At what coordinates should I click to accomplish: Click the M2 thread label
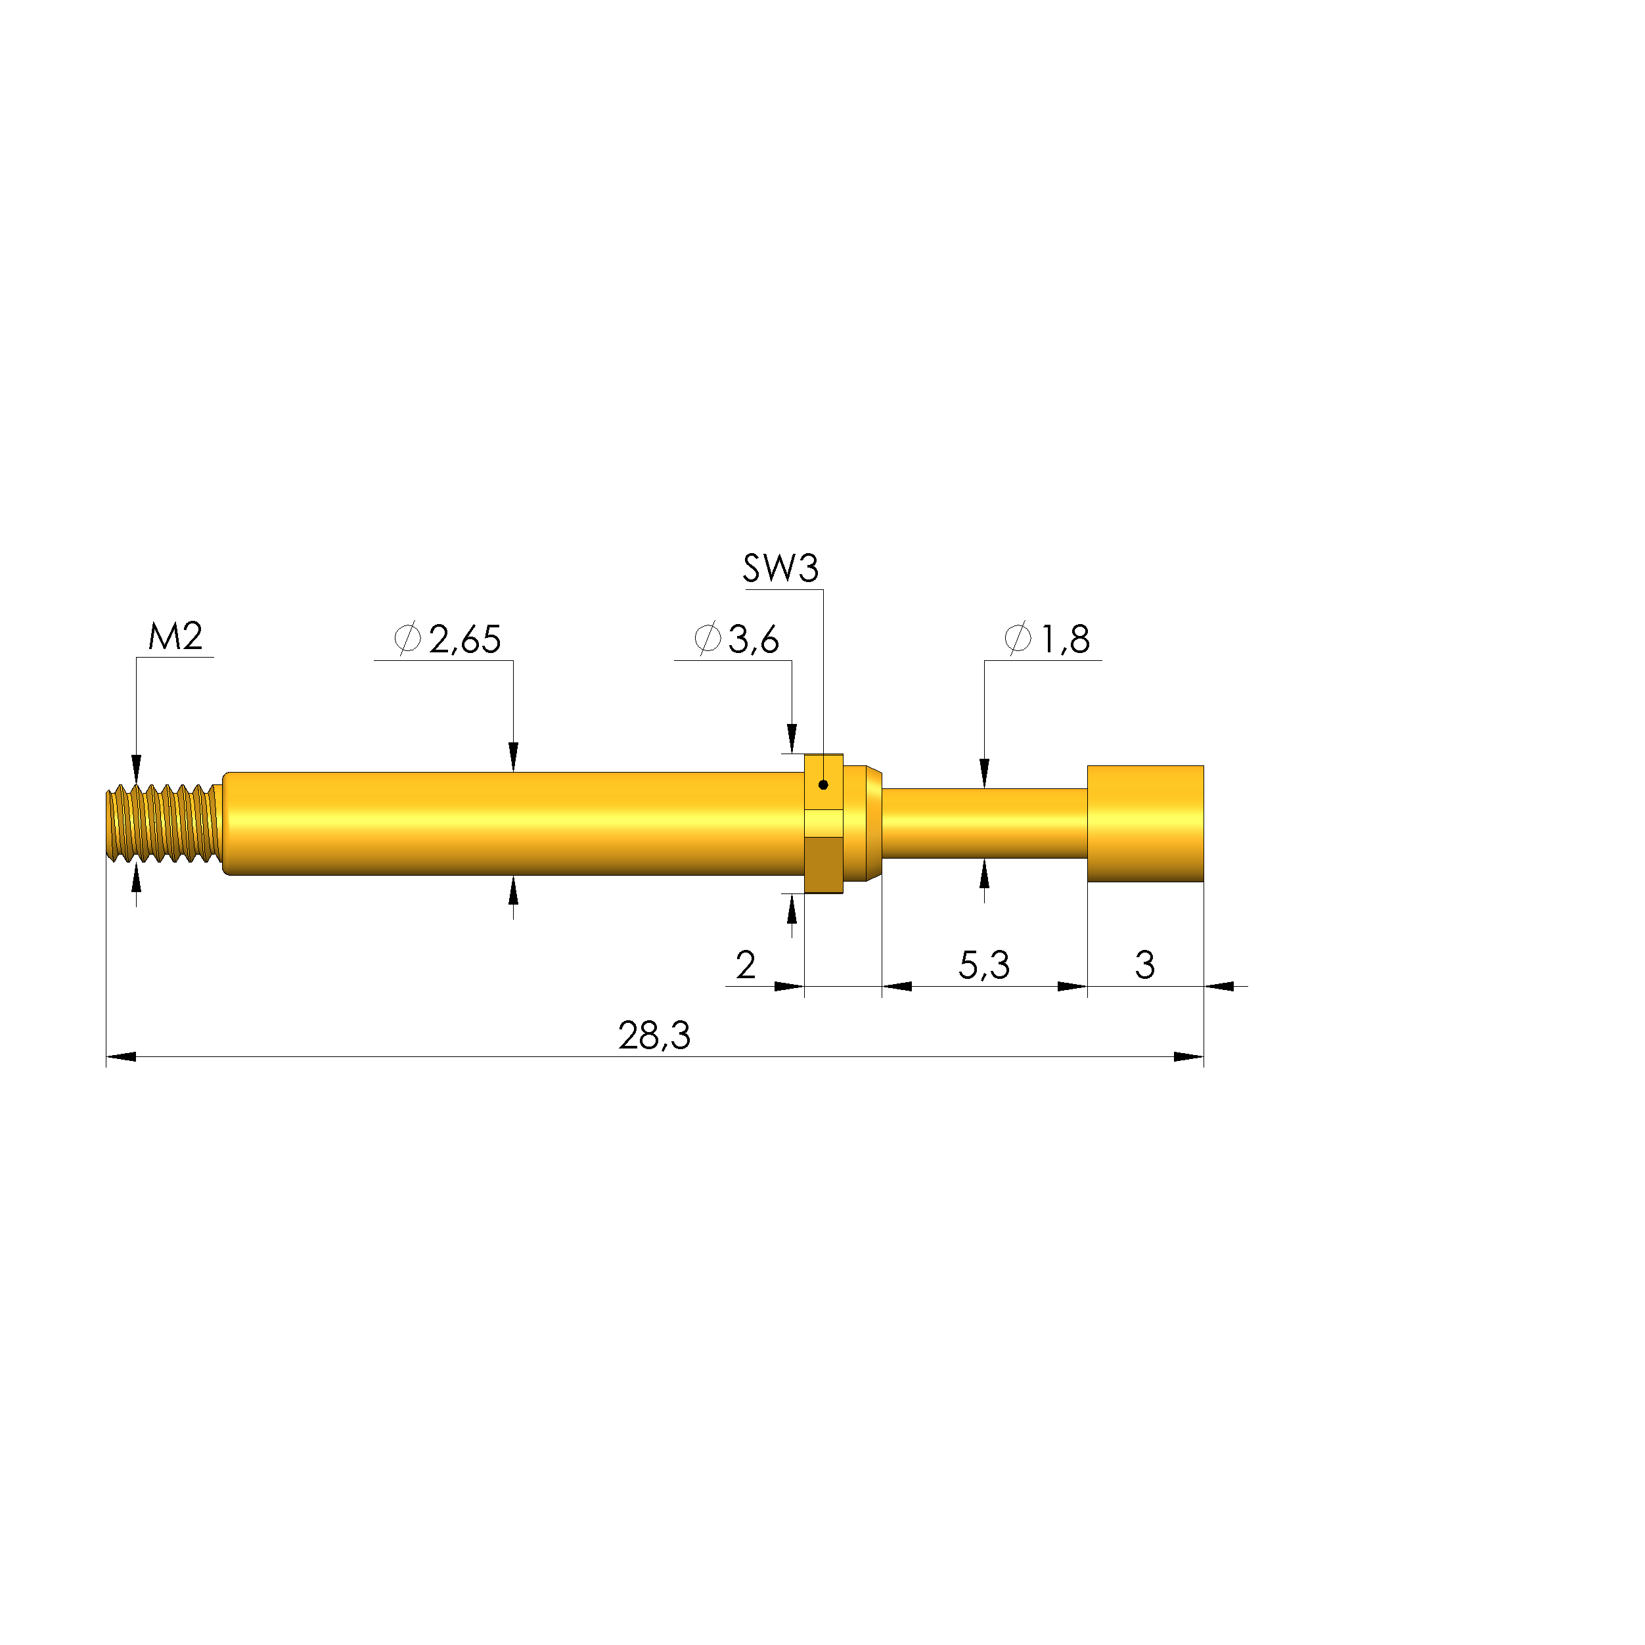tap(175, 637)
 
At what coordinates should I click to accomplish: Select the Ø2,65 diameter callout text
tap(449, 639)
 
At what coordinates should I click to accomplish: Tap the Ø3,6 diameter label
tap(736, 639)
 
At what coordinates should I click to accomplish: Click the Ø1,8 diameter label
tap(1047, 639)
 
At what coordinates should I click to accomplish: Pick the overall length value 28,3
tap(654, 1036)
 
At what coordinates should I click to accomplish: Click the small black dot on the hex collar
tap(822, 785)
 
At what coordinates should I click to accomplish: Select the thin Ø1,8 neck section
tap(983, 823)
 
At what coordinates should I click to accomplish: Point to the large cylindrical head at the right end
tap(1144, 823)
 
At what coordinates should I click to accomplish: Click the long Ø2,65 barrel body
tap(511, 823)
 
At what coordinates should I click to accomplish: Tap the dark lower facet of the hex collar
tap(822, 865)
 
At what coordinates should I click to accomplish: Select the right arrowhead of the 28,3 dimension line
tap(1188, 1056)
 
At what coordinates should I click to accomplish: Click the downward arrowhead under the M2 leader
tap(136, 768)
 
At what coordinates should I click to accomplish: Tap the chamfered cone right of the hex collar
tap(872, 823)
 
